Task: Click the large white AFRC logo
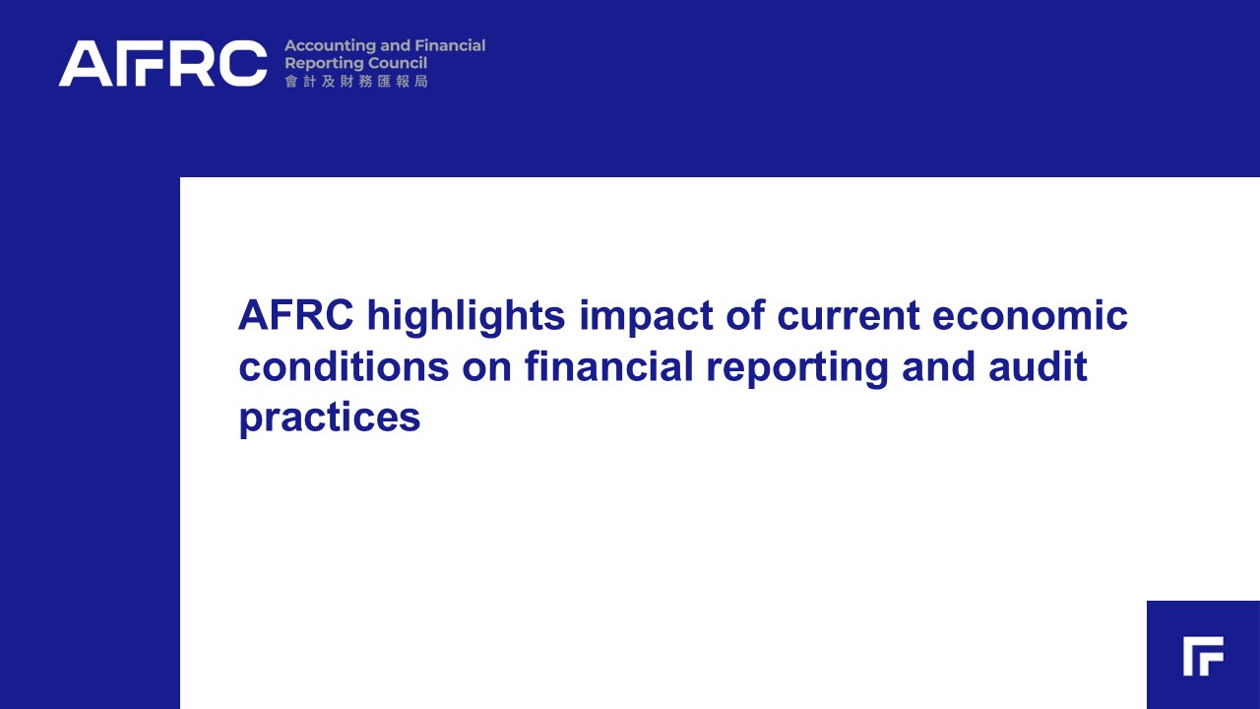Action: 162,63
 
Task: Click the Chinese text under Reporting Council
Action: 356,82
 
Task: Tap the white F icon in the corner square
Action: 1203,656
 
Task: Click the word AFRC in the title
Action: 296,315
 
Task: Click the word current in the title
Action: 849,316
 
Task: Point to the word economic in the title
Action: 1030,315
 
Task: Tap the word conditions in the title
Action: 344,366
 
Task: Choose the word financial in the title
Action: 608,365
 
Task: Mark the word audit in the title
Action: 1038,366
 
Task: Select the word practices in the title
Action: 330,419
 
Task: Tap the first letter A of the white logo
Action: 86,63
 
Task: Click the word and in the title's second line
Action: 938,366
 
